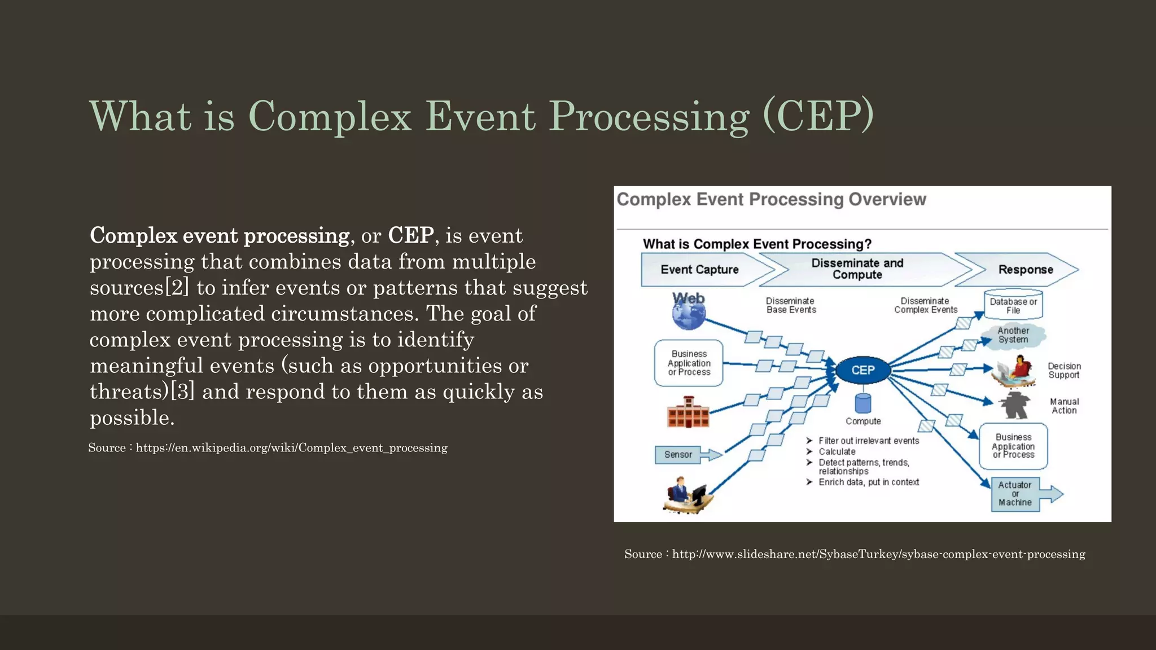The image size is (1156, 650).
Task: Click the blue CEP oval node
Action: coord(862,370)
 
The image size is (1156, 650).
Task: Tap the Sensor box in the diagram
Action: coord(678,454)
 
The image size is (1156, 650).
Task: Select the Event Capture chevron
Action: coord(700,270)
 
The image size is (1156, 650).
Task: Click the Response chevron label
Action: coord(1025,270)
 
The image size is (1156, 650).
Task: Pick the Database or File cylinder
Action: coord(1013,305)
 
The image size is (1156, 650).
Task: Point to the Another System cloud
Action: coord(1013,335)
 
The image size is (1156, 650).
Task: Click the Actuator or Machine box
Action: coord(1015,494)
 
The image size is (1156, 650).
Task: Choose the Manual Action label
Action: coord(1064,406)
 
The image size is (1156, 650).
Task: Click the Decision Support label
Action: coord(1064,370)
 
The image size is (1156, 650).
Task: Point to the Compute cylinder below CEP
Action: coord(863,403)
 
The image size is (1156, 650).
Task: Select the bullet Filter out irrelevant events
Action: coord(868,441)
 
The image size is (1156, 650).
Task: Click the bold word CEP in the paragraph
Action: coord(410,235)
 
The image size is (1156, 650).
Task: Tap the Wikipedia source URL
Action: coord(291,448)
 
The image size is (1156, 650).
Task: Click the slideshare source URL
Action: coord(878,554)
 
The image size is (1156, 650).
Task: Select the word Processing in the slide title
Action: coord(649,116)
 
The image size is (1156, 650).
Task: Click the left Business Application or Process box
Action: coord(689,363)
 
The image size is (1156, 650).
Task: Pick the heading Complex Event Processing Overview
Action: coord(771,199)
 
